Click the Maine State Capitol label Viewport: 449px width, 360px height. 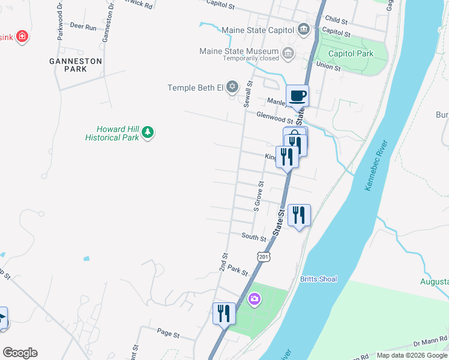(x=258, y=30)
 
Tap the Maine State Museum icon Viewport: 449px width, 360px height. (x=289, y=54)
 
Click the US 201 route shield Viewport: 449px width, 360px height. (x=263, y=256)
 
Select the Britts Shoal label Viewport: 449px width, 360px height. (x=319, y=279)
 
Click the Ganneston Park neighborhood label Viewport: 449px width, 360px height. (x=76, y=65)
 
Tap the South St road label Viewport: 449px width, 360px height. (x=253, y=237)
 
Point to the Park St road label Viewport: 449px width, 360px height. (x=238, y=270)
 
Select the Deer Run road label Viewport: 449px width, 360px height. (x=83, y=27)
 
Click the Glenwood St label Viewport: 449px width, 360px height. (x=274, y=117)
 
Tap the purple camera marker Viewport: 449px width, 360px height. (x=255, y=299)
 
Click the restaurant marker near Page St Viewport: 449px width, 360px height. (x=224, y=313)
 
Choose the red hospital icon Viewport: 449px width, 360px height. (x=22, y=37)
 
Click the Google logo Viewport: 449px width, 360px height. (x=20, y=353)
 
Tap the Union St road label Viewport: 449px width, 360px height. (x=328, y=67)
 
